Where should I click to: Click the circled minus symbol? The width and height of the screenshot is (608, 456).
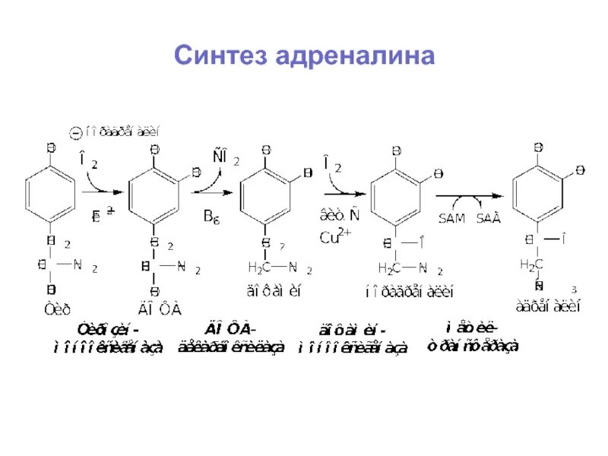pyautogui.click(x=74, y=133)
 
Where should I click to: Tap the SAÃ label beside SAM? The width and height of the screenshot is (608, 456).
pyautogui.click(x=489, y=217)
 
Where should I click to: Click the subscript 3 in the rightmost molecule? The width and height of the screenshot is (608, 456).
pyautogui.click(x=574, y=290)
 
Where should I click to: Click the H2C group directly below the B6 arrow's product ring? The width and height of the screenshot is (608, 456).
pyautogui.click(x=259, y=268)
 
